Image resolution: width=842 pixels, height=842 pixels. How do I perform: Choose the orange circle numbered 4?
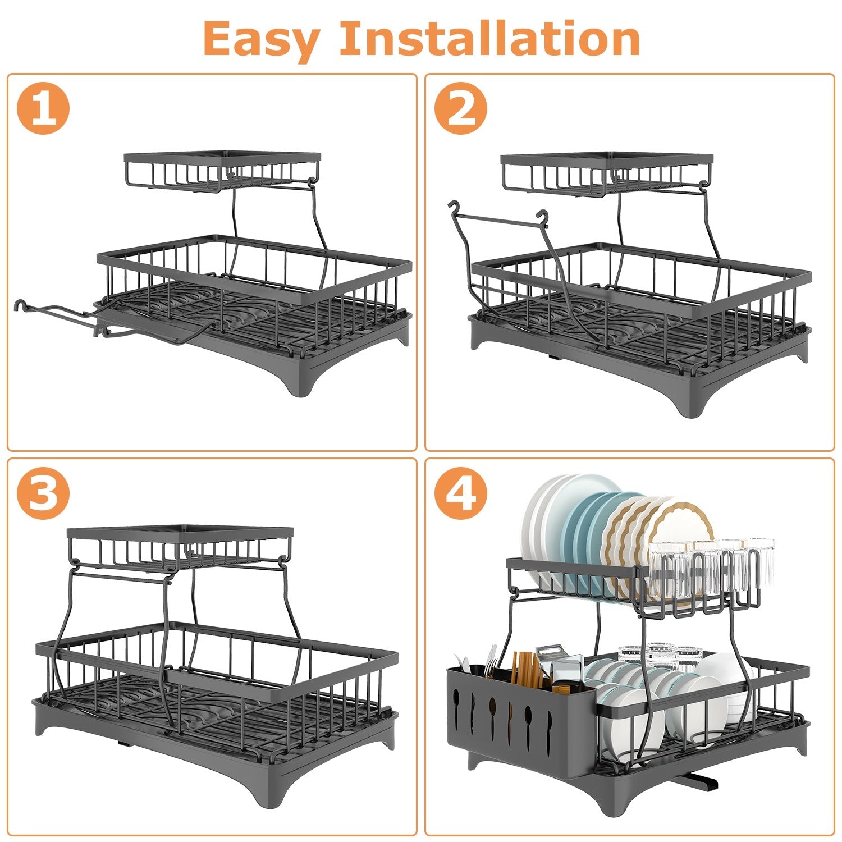[460, 492]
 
